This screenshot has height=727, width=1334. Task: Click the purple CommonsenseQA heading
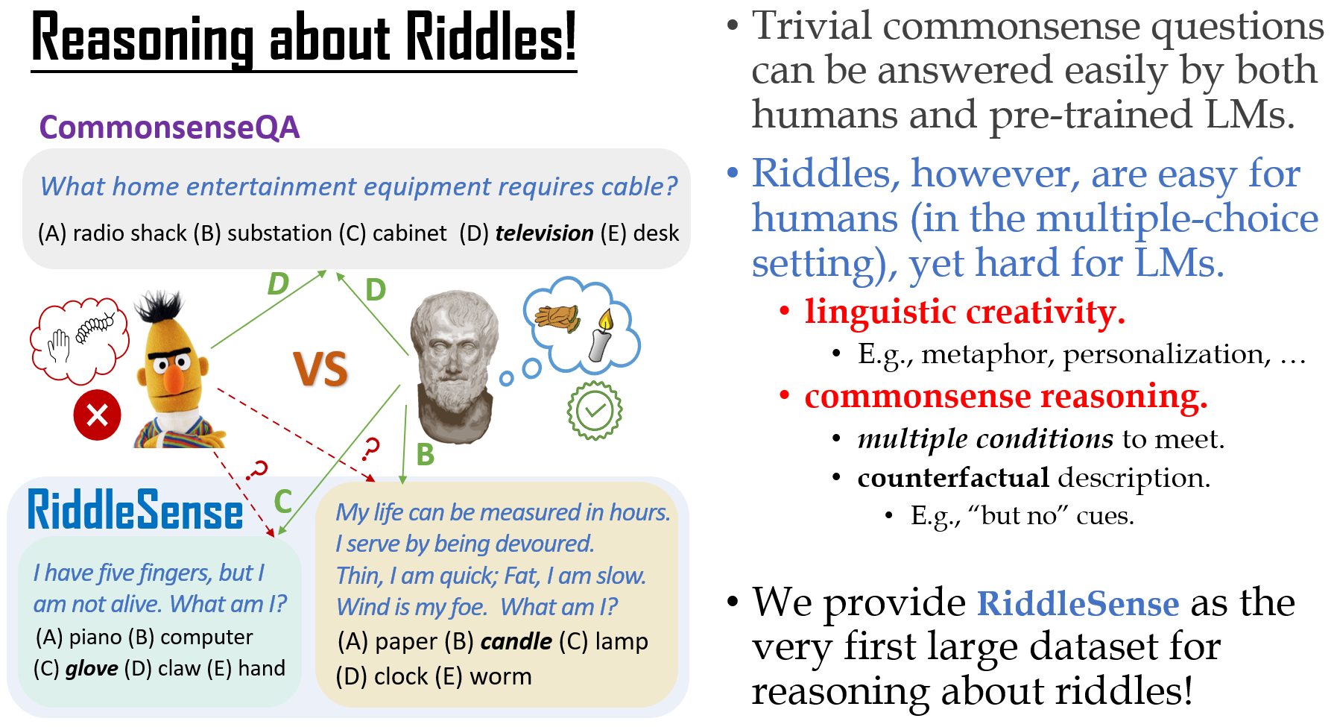point(169,128)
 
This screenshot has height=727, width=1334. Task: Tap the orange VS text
point(320,369)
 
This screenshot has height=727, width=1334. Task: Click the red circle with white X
point(97,415)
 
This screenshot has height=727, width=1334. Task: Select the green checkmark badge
point(594,410)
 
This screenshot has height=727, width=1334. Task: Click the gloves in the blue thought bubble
point(557,318)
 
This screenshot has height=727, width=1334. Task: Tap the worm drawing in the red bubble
point(95,326)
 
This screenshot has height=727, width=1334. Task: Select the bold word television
point(544,233)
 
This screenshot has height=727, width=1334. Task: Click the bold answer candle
point(516,641)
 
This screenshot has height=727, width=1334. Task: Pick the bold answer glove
point(92,669)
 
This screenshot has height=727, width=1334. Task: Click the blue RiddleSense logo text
point(135,510)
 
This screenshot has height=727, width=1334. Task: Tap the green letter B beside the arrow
point(425,454)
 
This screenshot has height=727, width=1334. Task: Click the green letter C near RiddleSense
point(282,501)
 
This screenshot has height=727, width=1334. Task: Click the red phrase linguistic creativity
point(964,312)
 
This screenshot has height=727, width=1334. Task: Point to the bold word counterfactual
point(953,477)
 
